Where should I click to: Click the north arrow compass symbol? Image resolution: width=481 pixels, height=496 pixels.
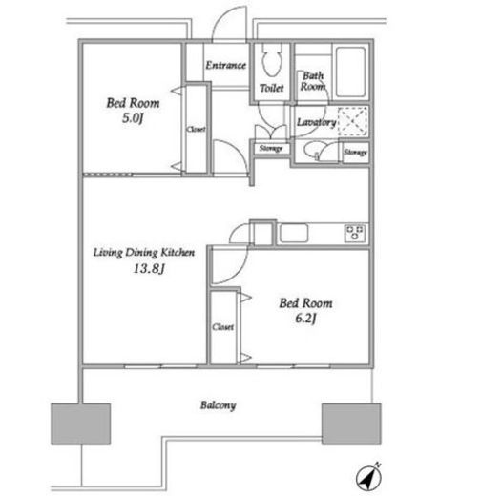point(368,477)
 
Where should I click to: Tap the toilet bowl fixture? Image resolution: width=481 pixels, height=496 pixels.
point(272,60)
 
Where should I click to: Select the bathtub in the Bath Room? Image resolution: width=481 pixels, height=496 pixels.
point(350,72)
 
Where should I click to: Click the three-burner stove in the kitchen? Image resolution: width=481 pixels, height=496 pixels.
point(355,233)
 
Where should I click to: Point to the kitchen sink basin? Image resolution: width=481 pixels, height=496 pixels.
point(294,233)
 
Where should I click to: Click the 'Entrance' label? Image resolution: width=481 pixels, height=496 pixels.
point(225,65)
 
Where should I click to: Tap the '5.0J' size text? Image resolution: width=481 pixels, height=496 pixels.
point(133,118)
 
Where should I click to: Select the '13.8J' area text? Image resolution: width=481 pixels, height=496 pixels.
point(149,268)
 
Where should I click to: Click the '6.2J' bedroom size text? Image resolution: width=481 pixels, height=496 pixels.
point(305,319)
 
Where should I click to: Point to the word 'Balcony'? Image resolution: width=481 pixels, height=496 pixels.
point(219,405)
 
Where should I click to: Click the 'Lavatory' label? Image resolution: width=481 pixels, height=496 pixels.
point(316,122)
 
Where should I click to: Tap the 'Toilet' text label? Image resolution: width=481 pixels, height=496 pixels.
point(271,88)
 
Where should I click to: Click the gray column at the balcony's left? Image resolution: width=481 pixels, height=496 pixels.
point(81,424)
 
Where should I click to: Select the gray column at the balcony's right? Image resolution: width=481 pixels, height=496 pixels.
point(351,424)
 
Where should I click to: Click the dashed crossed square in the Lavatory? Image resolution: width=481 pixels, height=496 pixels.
point(353,121)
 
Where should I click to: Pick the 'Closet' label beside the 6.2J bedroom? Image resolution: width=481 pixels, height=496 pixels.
point(223,327)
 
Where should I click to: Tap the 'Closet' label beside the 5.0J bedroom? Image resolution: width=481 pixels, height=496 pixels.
point(196,129)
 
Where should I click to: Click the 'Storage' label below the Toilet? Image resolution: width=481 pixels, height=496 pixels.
point(271,148)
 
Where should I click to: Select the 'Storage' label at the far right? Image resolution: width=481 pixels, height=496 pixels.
point(355,153)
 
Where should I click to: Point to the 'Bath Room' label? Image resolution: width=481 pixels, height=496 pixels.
point(313,81)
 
